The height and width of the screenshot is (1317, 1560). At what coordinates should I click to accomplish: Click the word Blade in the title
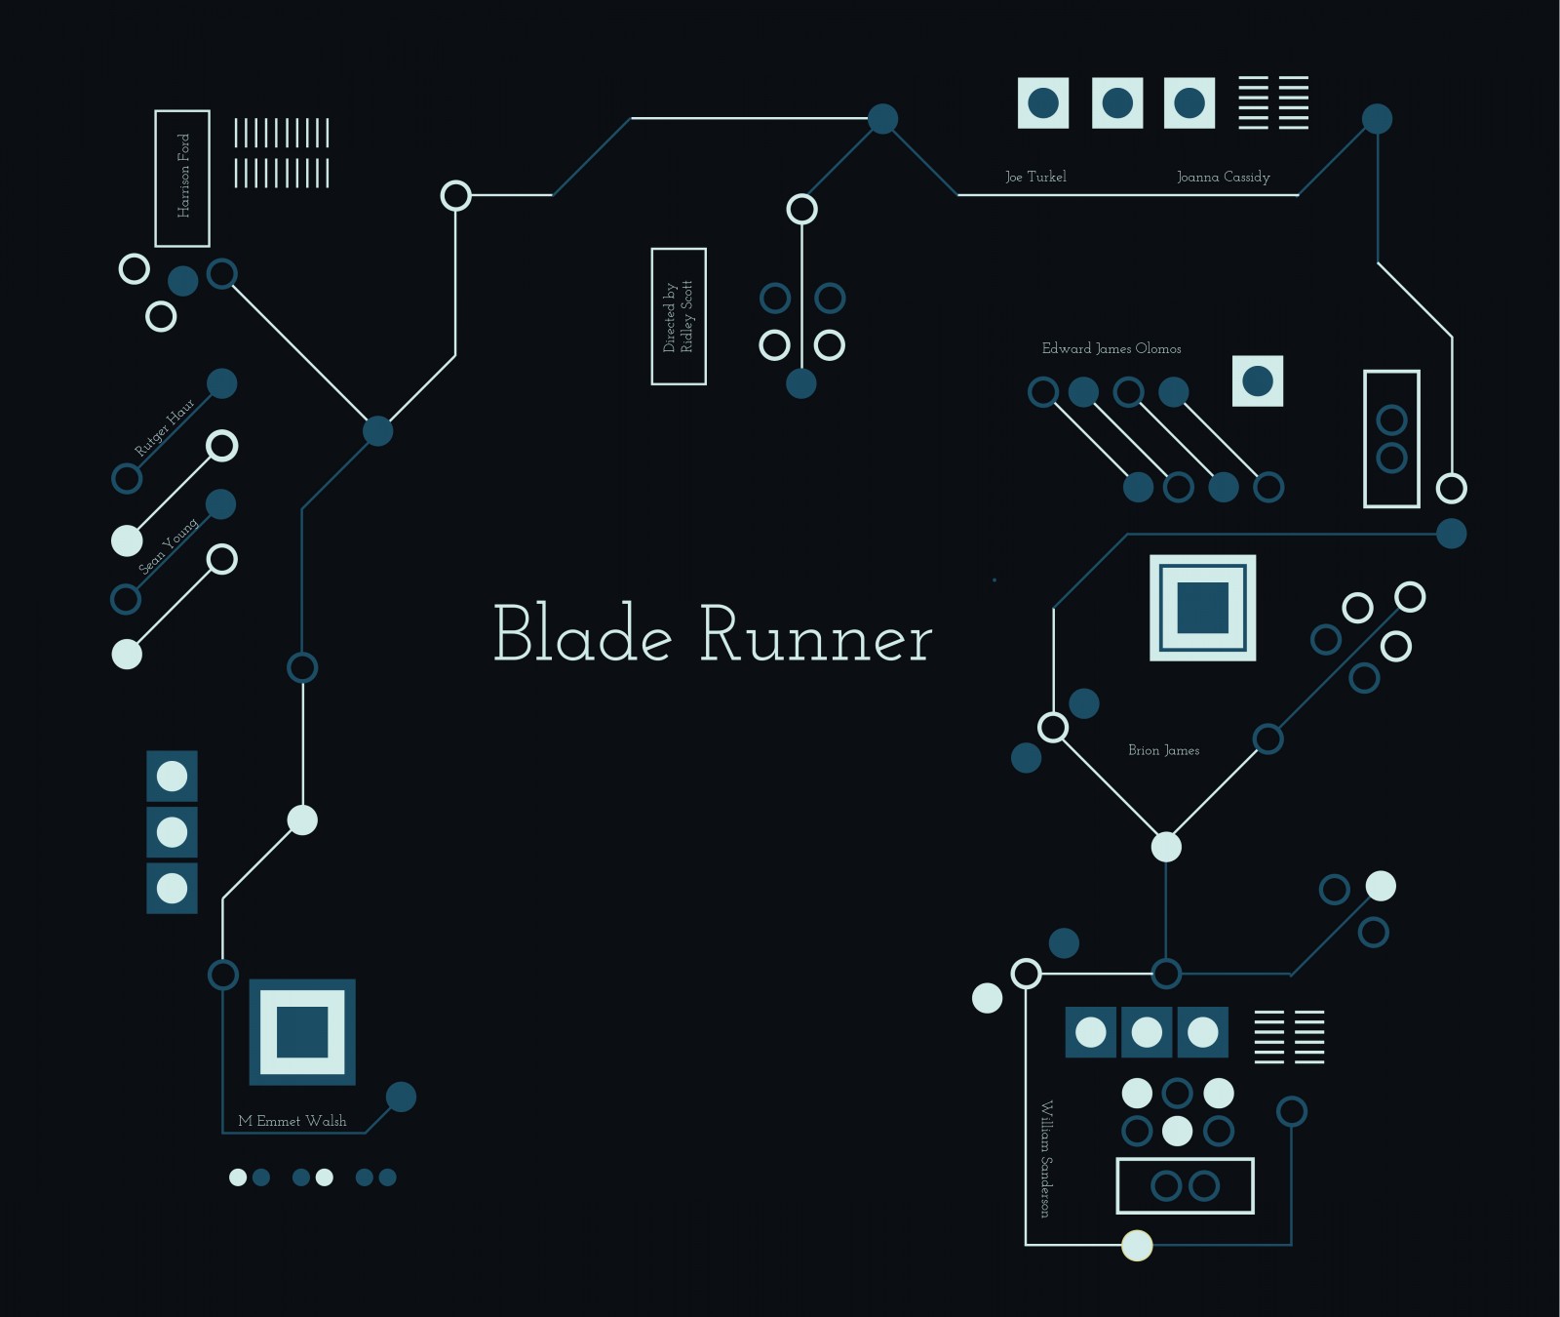pyautogui.click(x=583, y=634)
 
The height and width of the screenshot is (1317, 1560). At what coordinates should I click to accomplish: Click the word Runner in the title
pyautogui.click(x=816, y=636)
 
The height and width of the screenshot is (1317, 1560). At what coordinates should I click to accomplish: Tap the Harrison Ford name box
pyautogui.click(x=182, y=178)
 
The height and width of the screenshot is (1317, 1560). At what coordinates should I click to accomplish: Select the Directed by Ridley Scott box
pyautogui.click(x=679, y=316)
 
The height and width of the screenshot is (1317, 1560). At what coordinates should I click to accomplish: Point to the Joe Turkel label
pyautogui.click(x=1035, y=177)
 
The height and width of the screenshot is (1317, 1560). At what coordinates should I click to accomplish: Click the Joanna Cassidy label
pyautogui.click(x=1223, y=177)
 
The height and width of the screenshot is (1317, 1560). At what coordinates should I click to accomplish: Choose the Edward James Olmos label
pyautogui.click(x=1111, y=348)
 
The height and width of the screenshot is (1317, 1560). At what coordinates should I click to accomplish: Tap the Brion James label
pyautogui.click(x=1163, y=750)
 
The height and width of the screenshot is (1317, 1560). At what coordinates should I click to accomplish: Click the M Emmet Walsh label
pyautogui.click(x=292, y=1121)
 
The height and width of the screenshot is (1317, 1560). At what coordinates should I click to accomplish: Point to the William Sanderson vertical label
pyautogui.click(x=1046, y=1158)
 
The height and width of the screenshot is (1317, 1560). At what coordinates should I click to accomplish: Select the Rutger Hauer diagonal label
pyautogui.click(x=164, y=427)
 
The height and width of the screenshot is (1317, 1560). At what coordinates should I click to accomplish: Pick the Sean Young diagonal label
pyautogui.click(x=168, y=546)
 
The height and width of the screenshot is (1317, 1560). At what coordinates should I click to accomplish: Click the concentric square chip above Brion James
pyautogui.click(x=1202, y=608)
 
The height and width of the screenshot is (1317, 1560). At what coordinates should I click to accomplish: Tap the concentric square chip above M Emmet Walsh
pyautogui.click(x=302, y=1031)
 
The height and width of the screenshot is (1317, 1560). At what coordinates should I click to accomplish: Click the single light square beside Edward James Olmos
pyautogui.click(x=1257, y=380)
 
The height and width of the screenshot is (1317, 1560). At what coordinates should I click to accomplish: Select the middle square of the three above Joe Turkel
pyautogui.click(x=1116, y=102)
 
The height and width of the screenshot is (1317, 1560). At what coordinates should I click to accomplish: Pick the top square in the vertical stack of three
pyautogui.click(x=172, y=776)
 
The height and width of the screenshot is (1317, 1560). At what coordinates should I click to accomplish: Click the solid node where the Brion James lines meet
pyautogui.click(x=1166, y=847)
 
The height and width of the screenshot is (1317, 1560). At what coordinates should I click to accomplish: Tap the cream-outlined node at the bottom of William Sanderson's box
pyautogui.click(x=1137, y=1245)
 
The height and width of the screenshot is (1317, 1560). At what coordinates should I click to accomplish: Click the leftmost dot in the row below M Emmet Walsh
pyautogui.click(x=238, y=1177)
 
